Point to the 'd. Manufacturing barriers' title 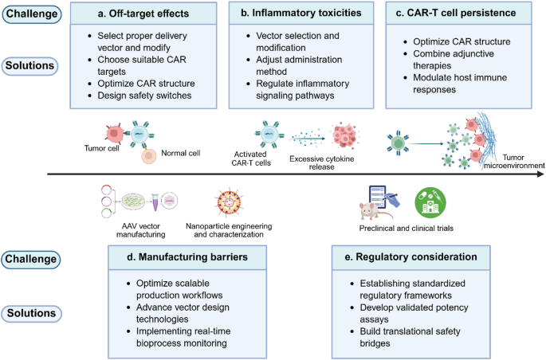(186, 256)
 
